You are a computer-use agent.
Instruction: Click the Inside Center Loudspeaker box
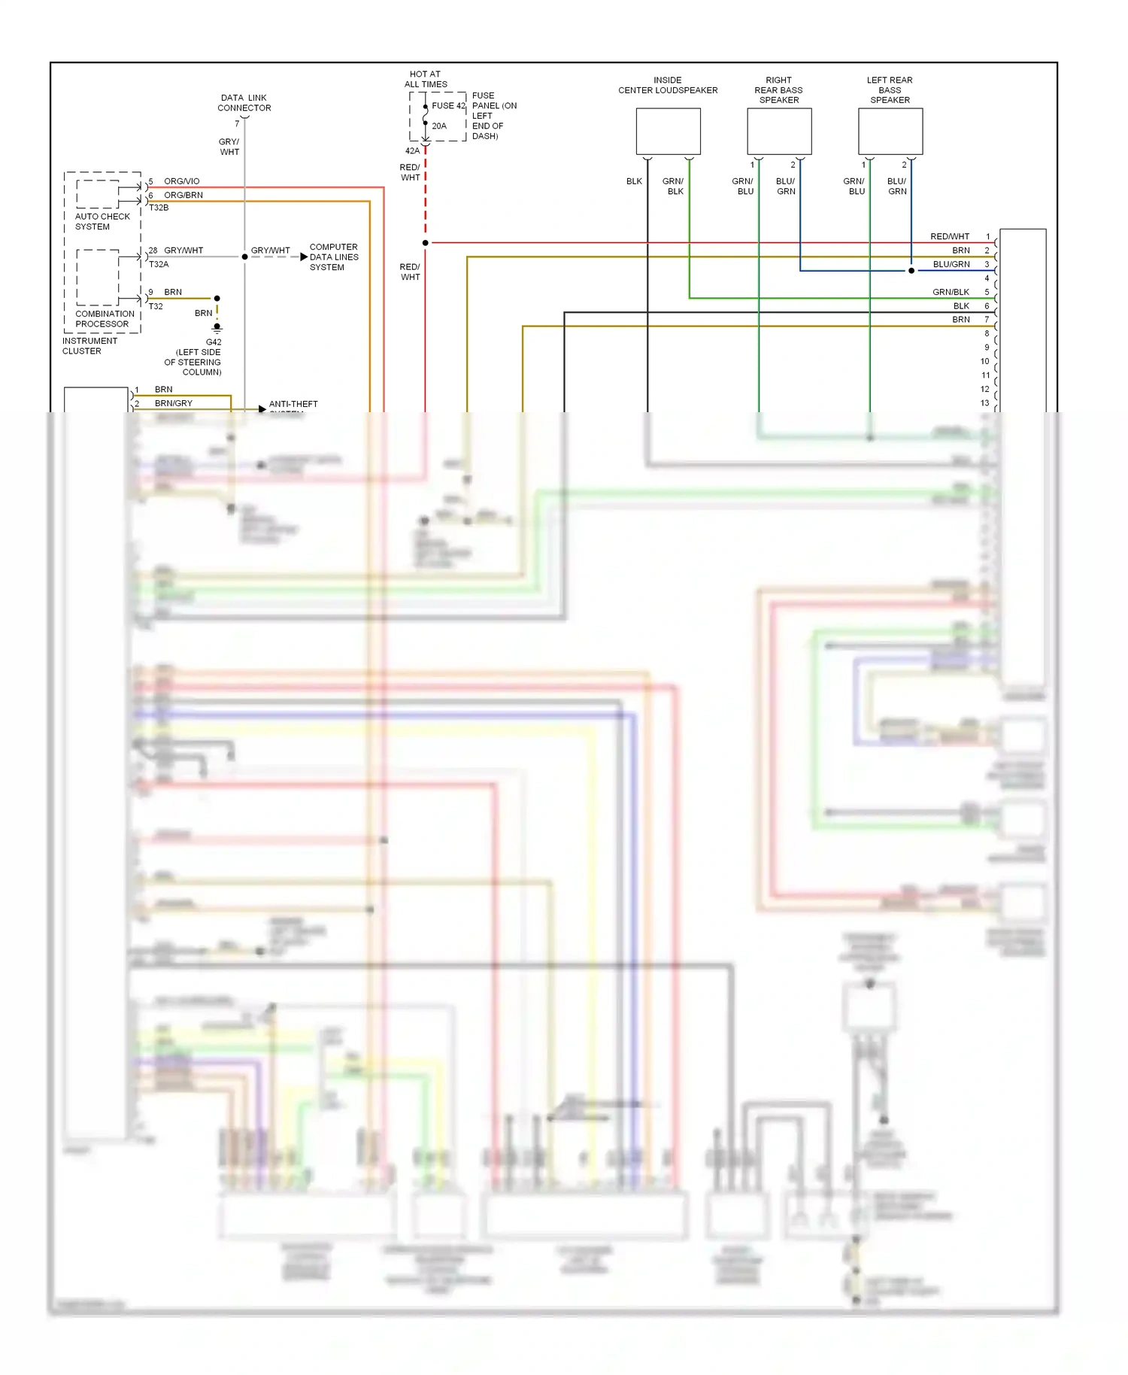coord(668,132)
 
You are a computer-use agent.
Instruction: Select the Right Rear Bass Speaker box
coord(779,132)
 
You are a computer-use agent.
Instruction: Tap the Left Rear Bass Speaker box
coord(890,132)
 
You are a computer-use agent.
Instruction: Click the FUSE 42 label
coord(448,106)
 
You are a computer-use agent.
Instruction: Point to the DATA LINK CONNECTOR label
coord(244,103)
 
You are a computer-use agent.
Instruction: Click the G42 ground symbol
coord(217,329)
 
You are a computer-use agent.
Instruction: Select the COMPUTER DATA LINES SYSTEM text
coord(334,257)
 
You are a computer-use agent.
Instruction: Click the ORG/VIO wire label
coord(182,181)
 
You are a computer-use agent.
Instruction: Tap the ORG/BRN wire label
coord(183,195)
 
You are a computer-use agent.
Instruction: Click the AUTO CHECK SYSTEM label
coord(102,221)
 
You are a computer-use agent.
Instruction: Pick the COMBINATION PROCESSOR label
coord(105,319)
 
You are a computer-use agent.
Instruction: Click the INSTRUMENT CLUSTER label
coord(89,346)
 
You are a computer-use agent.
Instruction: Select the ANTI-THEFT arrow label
coord(293,405)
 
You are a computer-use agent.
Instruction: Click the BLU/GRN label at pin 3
coord(951,264)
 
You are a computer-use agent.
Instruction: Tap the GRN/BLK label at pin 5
coord(951,292)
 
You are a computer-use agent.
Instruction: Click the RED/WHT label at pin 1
coord(950,236)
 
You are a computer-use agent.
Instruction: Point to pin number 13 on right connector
coord(984,403)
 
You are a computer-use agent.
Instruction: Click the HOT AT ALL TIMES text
coord(426,79)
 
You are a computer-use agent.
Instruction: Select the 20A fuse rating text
coord(439,126)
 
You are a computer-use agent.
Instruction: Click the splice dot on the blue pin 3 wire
coord(911,271)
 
